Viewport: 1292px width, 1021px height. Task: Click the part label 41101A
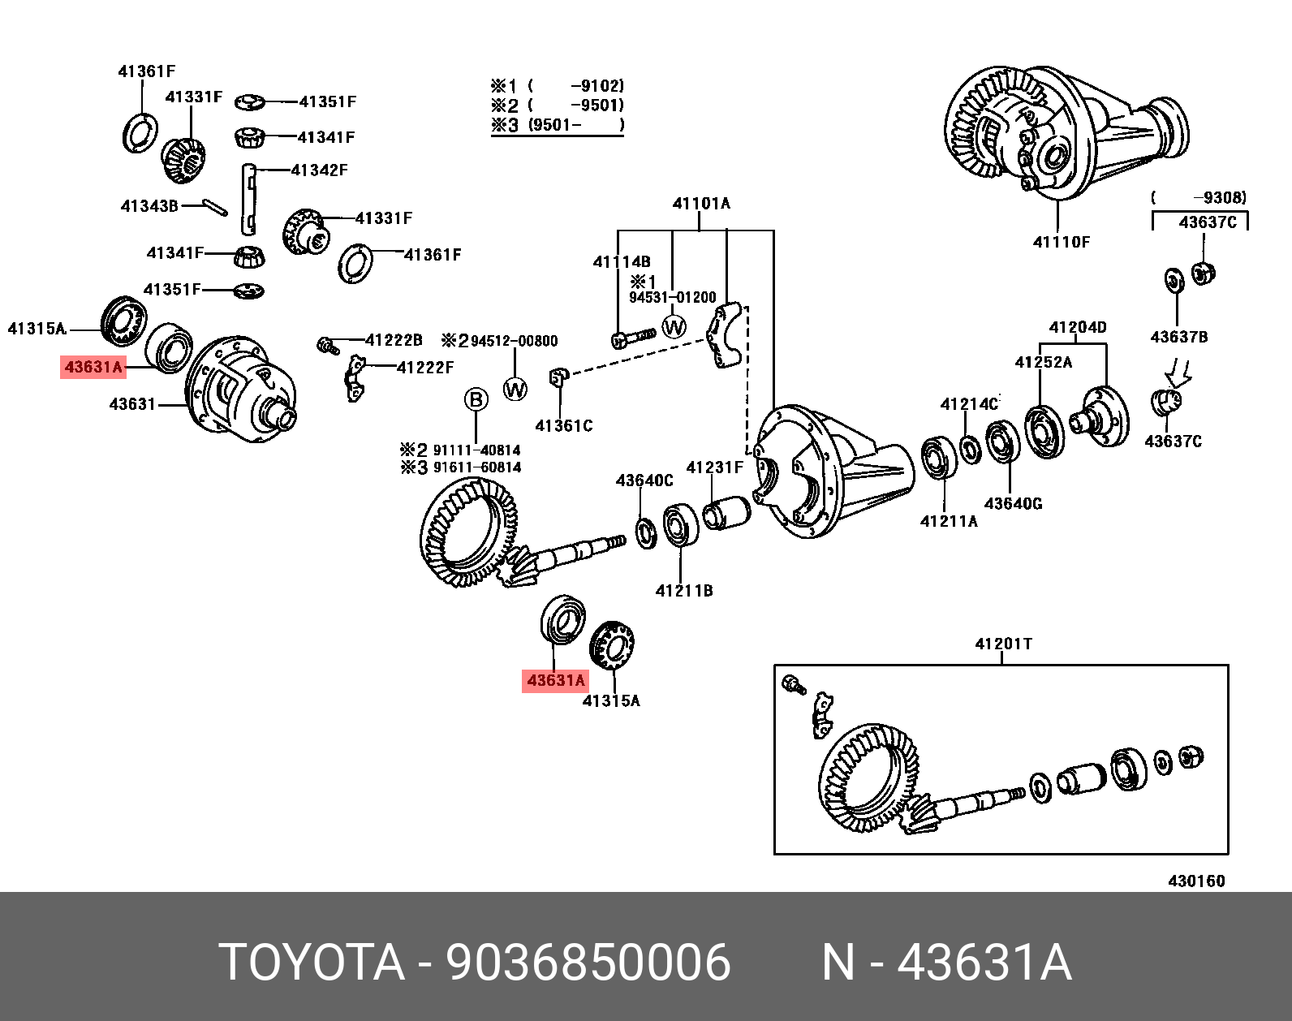(701, 204)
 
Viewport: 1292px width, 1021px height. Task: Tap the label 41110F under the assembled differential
(1061, 242)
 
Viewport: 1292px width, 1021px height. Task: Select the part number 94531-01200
(673, 298)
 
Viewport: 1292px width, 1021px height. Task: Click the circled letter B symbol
(476, 399)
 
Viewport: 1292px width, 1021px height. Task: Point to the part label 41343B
(149, 206)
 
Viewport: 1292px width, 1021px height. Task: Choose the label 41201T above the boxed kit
(1003, 644)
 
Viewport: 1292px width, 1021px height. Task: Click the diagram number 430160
(1196, 881)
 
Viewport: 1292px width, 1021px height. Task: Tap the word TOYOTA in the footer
(312, 963)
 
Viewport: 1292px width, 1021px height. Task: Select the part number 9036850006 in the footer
(588, 963)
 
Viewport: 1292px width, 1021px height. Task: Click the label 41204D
(1077, 328)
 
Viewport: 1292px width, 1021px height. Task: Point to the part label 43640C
(644, 481)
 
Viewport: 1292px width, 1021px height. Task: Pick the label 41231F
(714, 467)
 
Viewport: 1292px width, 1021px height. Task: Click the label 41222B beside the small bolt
(394, 341)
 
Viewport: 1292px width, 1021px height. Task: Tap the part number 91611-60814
(476, 467)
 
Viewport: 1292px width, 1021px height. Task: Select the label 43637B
(1178, 337)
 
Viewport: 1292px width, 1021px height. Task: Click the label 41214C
(969, 404)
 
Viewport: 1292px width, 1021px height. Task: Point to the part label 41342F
(319, 170)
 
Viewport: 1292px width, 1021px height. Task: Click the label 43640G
(1013, 504)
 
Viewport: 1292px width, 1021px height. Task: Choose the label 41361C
(564, 426)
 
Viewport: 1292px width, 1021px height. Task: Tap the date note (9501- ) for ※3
(575, 125)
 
